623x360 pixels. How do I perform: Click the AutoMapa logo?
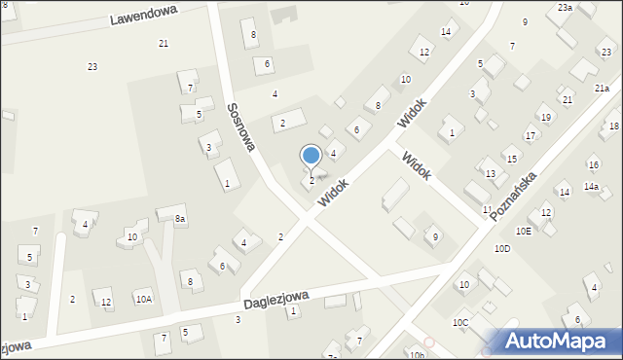[556, 341]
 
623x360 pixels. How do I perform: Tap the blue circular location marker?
[311, 156]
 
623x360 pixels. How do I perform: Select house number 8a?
[180, 220]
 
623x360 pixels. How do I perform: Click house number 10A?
[143, 300]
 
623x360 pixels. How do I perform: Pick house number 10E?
[524, 231]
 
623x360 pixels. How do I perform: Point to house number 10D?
[501, 249]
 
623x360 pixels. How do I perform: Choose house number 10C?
[460, 322]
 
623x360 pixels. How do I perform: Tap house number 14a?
[591, 187]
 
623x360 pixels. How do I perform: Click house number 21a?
[602, 89]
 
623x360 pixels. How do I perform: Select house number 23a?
[565, 8]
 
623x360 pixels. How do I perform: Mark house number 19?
[545, 119]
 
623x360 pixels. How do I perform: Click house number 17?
[530, 136]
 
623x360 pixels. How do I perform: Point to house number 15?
[511, 159]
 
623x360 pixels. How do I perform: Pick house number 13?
[491, 174]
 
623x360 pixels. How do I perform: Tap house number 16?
[593, 165]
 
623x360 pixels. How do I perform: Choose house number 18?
[613, 126]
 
